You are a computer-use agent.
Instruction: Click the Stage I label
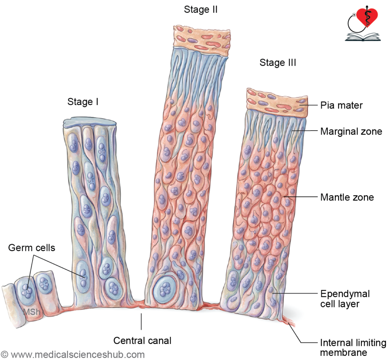(83, 102)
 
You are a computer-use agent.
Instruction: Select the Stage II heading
(201, 10)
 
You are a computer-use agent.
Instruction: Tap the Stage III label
(278, 62)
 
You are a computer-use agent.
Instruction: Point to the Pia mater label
(341, 105)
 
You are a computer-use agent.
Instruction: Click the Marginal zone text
(351, 131)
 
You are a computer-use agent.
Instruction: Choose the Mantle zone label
(347, 197)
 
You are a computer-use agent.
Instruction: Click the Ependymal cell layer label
(345, 299)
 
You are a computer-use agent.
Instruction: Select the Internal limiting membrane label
(353, 347)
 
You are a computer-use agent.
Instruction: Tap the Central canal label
(142, 341)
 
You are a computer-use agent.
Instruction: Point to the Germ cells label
(32, 248)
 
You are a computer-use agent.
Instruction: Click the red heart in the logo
(367, 17)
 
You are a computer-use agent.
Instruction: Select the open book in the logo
(363, 37)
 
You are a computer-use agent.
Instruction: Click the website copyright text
(73, 355)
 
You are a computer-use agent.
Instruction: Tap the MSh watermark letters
(31, 312)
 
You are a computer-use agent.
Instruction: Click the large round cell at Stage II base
(165, 289)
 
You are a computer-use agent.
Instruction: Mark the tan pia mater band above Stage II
(202, 40)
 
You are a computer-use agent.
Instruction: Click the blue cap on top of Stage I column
(90, 122)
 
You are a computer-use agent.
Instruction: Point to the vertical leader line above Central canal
(141, 322)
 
